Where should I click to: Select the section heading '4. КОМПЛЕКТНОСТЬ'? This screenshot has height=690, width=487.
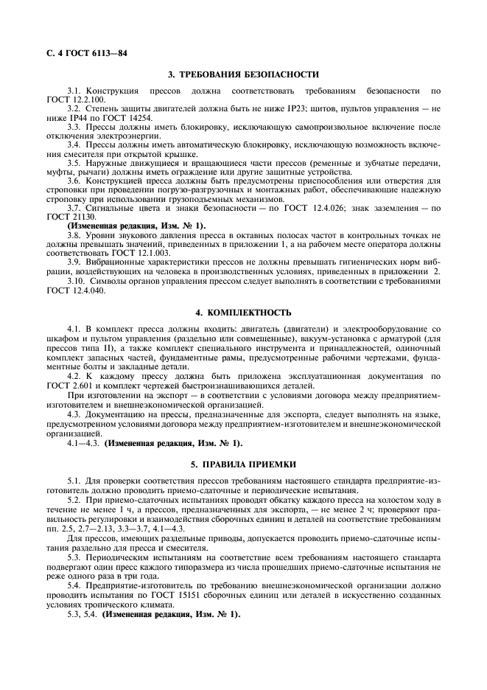[243, 313]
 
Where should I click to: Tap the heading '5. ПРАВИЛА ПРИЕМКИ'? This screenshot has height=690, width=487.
[243, 464]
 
